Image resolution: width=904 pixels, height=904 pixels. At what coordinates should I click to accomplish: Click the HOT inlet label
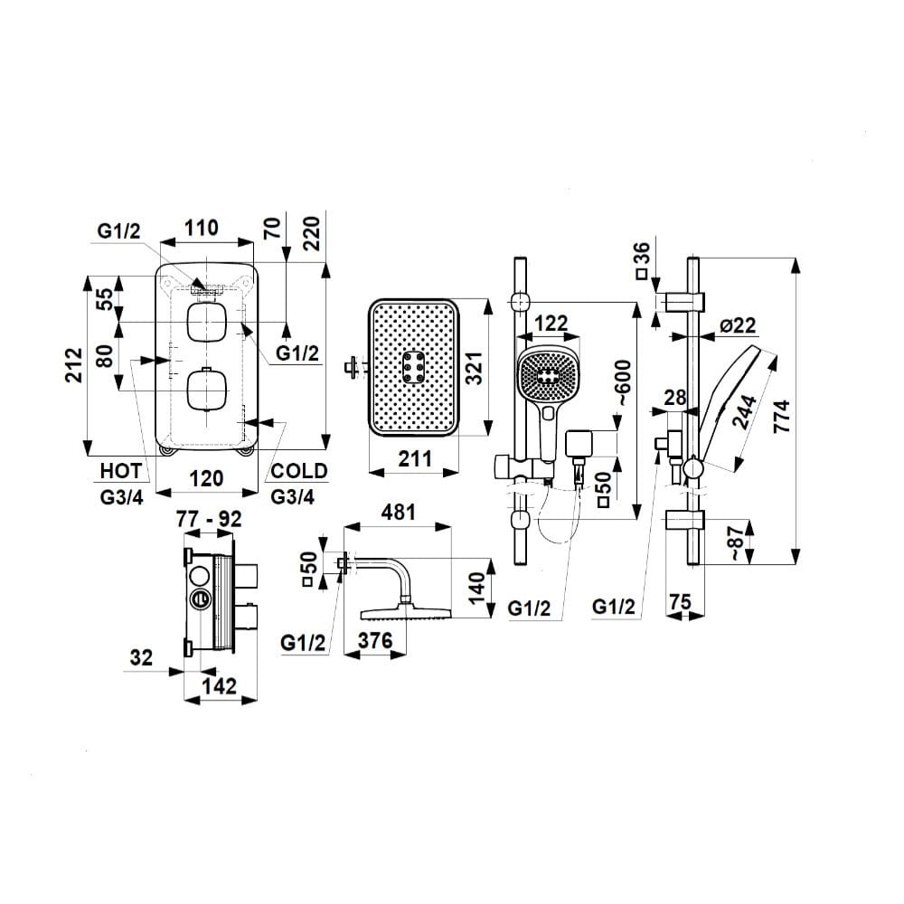(121, 471)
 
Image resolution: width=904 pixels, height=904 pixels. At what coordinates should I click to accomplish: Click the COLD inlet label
(298, 471)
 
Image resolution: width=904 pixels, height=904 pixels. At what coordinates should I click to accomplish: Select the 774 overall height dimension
(783, 410)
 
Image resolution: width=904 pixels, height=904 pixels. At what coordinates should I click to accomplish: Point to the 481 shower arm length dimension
(399, 512)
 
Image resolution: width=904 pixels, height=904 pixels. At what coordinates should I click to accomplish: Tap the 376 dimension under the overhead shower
(375, 640)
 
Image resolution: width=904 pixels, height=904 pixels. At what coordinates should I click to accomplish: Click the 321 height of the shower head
(474, 368)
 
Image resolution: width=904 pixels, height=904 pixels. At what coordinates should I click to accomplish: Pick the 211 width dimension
(415, 459)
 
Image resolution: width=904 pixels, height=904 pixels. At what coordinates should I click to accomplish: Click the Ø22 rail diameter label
(737, 325)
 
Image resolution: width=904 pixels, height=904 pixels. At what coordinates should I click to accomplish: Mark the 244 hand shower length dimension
(744, 411)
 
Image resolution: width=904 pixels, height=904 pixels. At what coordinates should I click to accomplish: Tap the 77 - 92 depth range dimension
(209, 519)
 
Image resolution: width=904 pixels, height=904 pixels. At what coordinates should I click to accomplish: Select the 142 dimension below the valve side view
(220, 686)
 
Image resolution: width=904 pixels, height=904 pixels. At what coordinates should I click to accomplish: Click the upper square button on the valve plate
(206, 323)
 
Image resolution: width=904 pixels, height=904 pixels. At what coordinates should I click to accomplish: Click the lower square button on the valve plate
(206, 390)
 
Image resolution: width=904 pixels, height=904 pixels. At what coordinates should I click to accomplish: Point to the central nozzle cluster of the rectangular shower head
(413, 367)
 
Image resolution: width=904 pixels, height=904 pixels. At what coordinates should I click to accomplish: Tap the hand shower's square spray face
(547, 376)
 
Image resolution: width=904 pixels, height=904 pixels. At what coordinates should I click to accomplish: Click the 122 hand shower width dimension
(551, 324)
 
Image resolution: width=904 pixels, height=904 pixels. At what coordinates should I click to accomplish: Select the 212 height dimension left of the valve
(74, 364)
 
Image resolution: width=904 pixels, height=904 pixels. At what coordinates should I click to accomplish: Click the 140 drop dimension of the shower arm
(477, 589)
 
